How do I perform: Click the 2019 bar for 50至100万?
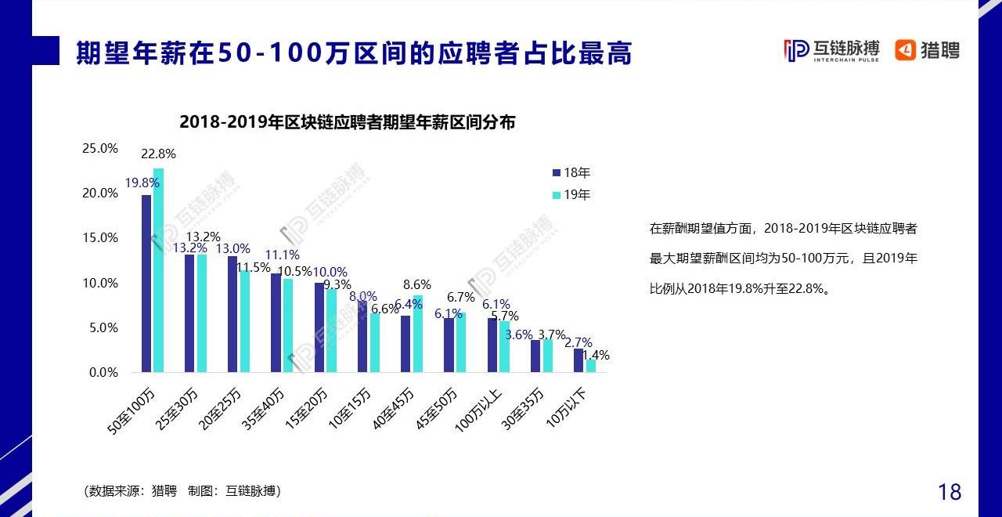pyautogui.click(x=158, y=270)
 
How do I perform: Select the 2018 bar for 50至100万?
pyautogui.click(x=146, y=284)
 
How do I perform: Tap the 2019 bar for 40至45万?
pyautogui.click(x=417, y=334)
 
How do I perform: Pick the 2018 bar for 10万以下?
pyautogui.click(x=578, y=360)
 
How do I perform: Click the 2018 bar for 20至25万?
pyautogui.click(x=232, y=314)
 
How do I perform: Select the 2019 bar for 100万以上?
pyautogui.click(x=504, y=346)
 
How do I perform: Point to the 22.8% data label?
pyautogui.click(x=158, y=154)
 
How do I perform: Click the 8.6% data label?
pyautogui.click(x=416, y=285)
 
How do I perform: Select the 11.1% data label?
pyautogui.click(x=282, y=255)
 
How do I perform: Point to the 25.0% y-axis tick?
pyautogui.click(x=101, y=148)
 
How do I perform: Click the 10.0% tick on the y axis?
pyautogui.click(x=101, y=283)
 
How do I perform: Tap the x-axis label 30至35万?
pyautogui.click(x=523, y=407)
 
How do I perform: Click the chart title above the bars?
pyautogui.click(x=348, y=122)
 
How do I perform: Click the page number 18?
pyautogui.click(x=950, y=492)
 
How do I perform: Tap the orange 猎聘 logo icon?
pyautogui.click(x=906, y=50)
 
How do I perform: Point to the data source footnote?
pyautogui.click(x=182, y=491)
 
